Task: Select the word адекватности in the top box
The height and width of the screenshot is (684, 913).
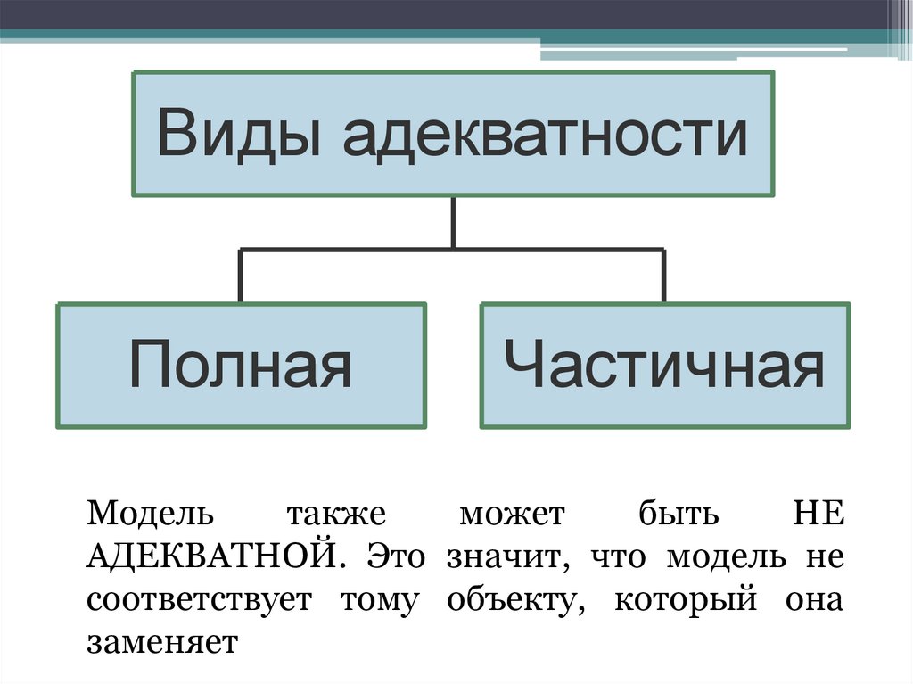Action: click(543, 134)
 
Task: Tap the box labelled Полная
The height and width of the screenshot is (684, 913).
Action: click(240, 366)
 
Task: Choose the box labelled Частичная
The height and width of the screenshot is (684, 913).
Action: click(664, 366)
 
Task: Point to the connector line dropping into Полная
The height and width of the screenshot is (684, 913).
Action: click(240, 276)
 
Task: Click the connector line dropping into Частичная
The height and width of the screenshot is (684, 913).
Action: click(663, 276)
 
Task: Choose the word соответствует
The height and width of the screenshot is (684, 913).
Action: click(200, 599)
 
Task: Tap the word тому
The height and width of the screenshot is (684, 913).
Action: click(378, 600)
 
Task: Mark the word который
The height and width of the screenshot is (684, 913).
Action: click(687, 600)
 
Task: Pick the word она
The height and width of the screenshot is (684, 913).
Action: click(813, 600)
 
